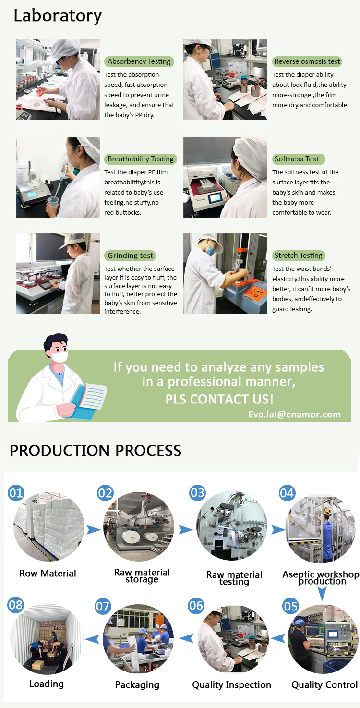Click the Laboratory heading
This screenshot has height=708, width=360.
point(58,16)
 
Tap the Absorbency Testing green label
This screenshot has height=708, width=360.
point(139,61)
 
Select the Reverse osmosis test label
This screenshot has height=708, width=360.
point(307,61)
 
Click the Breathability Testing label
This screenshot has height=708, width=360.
point(141,159)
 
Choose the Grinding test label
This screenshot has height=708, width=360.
point(130,256)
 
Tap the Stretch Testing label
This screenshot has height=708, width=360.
point(299,256)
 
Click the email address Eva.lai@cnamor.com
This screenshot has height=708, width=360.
point(294,415)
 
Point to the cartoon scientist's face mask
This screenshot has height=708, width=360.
point(60,356)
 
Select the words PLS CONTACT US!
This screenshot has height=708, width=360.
point(219,399)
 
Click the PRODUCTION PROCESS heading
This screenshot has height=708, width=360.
point(96,451)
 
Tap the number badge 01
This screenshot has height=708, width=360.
point(16,493)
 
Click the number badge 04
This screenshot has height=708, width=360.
point(287,493)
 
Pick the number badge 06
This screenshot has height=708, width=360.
point(196,606)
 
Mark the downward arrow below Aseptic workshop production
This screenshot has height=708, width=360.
point(322,594)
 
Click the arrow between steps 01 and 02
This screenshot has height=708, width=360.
point(94,529)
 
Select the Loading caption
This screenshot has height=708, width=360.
point(47,684)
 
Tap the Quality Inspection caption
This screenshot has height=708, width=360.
point(231,684)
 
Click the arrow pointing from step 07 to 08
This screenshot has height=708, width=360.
point(92,639)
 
